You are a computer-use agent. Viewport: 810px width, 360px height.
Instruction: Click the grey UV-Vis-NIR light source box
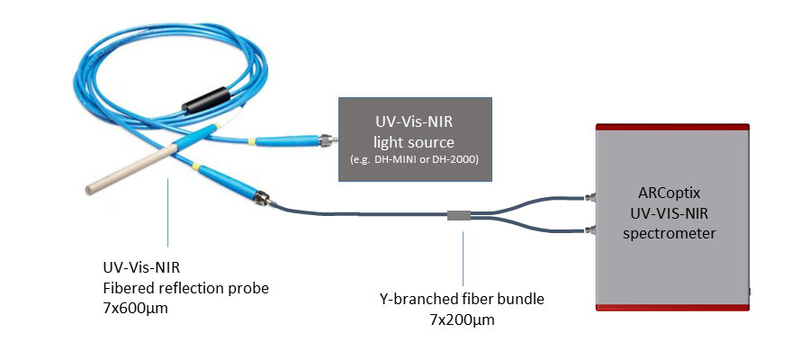coord(415,139)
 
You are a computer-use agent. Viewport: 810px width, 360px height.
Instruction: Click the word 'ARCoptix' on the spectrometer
coord(670,192)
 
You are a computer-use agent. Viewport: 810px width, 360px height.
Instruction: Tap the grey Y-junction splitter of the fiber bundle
coord(459,215)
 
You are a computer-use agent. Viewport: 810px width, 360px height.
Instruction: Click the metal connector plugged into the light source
coord(328,140)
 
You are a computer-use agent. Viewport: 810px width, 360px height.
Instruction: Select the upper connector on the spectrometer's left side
coord(590,195)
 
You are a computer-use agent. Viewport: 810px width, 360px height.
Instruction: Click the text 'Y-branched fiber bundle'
coord(463,298)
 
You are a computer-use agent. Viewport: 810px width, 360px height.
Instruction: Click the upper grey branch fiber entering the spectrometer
coord(540,198)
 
